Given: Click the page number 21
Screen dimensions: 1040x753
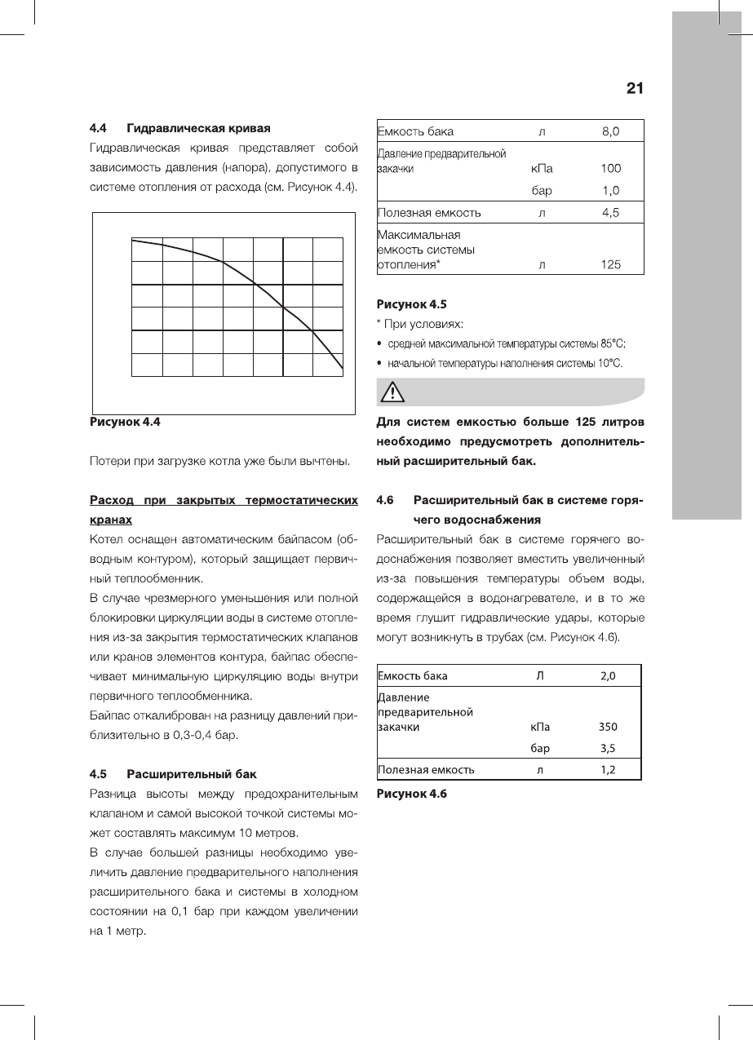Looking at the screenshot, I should [635, 88].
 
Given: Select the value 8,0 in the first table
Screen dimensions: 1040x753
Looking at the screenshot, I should [610, 131].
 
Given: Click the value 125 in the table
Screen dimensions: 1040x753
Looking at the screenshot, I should [609, 264].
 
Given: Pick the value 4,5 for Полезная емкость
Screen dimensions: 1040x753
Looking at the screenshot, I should [610, 213].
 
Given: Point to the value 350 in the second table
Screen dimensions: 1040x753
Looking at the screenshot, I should [608, 727].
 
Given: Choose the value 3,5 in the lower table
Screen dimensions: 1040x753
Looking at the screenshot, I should [608, 747].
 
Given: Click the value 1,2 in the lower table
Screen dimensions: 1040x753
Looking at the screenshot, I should [608, 769].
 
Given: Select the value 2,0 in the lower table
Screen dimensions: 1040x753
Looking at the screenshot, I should [608, 676].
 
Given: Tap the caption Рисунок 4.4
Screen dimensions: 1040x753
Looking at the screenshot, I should [125, 423].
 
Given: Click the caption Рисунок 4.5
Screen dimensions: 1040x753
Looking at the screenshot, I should [411, 305].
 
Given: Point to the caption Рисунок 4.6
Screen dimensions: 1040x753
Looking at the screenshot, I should [411, 794].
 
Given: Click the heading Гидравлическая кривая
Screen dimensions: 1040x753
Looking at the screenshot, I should [198, 128].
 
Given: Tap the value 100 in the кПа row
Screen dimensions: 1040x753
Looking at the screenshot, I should [610, 169].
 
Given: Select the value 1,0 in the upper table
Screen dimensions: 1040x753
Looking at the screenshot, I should [610, 190].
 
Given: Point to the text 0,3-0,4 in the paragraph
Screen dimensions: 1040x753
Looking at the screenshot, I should [188, 737].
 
